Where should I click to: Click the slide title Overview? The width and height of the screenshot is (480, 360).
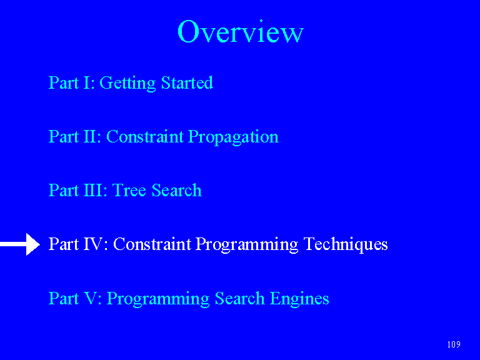pos(240,31)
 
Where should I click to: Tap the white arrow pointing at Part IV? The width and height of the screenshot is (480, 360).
pos(20,244)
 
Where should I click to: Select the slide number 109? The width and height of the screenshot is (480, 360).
pos(454,344)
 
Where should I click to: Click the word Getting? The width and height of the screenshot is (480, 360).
pos(127,83)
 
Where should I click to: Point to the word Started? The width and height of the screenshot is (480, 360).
pos(187,82)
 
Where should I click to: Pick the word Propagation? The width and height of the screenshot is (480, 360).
pos(233,137)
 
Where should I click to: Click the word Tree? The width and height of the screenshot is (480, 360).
pos(129,191)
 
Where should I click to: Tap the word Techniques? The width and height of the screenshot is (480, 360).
pos(346,244)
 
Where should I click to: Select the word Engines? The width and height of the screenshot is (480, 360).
pos(299,299)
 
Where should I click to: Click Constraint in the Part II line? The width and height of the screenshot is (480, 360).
pos(145,136)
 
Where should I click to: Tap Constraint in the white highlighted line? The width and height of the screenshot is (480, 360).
pos(152,244)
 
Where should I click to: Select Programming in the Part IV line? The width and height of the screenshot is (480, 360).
pos(247,245)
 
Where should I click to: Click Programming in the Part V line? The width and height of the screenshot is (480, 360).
pos(158,299)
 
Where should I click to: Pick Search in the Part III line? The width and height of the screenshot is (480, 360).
pos(177,191)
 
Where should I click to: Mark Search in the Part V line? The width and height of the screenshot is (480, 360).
pos(240,298)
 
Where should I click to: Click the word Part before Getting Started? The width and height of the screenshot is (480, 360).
pos(64,82)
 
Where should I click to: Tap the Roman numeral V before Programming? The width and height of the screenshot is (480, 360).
pos(91,298)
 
